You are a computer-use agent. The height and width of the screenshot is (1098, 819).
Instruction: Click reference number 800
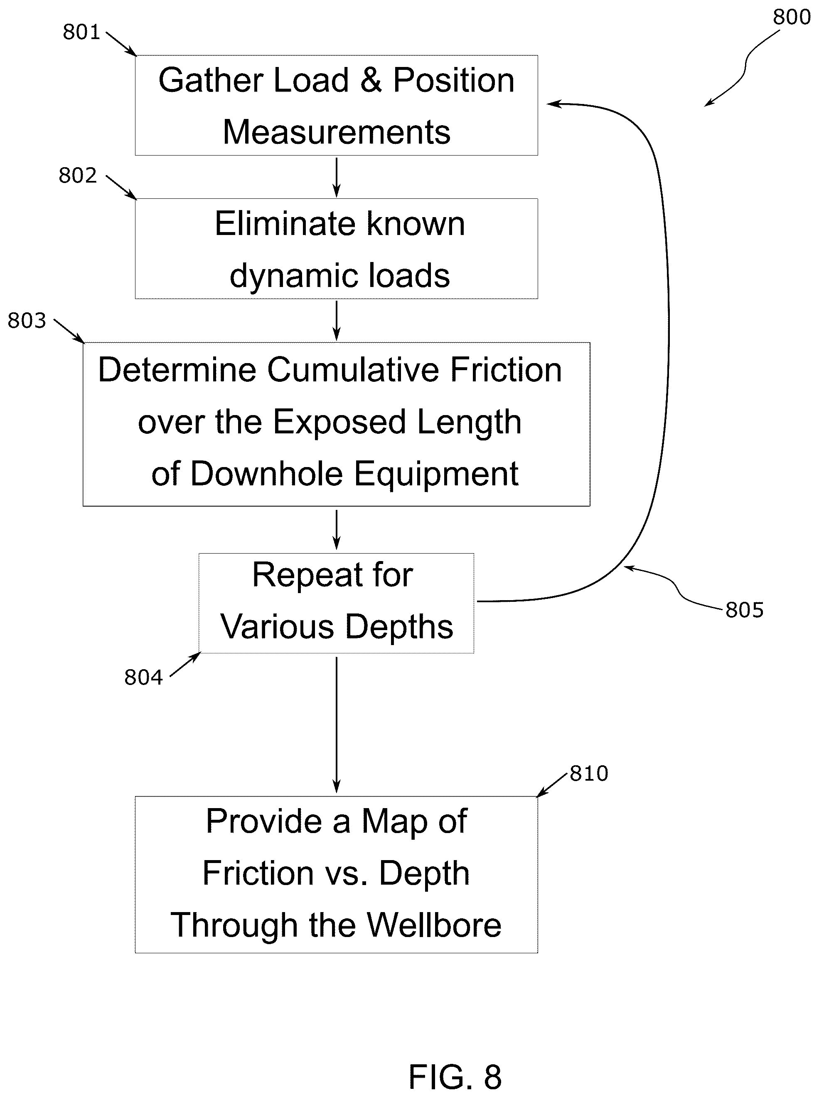click(792, 17)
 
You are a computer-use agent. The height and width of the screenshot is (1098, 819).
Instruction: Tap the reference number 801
click(81, 32)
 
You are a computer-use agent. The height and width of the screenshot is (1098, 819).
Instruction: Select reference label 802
click(77, 176)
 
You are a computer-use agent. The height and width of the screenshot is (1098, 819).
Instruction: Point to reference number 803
click(27, 321)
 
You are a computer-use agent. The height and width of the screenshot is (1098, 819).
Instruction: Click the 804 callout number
click(143, 677)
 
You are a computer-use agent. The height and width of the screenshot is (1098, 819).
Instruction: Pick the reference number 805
click(745, 610)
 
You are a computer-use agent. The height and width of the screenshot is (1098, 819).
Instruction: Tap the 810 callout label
click(589, 773)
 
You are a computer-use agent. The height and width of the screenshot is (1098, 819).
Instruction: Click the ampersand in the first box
click(371, 80)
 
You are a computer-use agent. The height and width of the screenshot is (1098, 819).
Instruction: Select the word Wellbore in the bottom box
click(434, 926)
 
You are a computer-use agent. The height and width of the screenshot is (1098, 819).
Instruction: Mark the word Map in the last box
click(394, 822)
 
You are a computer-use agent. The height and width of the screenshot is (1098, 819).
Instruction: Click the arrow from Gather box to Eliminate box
click(337, 177)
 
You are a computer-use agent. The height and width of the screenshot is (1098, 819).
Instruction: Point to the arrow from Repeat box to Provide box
click(337, 725)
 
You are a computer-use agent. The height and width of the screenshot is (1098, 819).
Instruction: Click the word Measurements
click(337, 133)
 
